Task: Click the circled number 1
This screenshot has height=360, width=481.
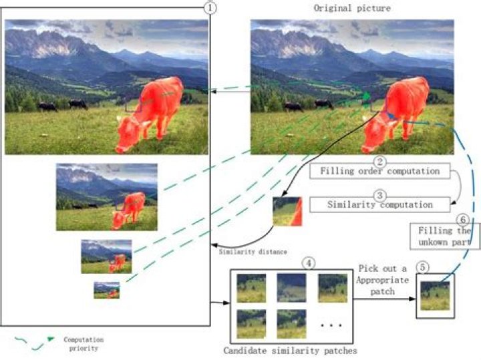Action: tap(210, 7)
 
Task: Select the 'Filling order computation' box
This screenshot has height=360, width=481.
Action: tap(379, 171)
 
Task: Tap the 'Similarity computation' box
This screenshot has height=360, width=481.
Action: tap(379, 204)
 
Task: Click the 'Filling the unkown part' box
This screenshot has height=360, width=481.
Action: tap(445, 236)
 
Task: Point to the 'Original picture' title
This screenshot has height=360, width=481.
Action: tap(352, 8)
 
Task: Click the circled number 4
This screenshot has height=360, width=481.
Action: tap(309, 263)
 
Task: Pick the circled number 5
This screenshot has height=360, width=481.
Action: tap(423, 267)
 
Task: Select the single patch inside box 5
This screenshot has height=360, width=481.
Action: tap(435, 296)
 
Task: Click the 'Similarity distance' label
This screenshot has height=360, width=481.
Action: tap(253, 252)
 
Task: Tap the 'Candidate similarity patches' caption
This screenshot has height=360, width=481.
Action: tap(290, 351)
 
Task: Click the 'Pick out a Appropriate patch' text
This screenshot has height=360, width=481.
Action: tap(383, 280)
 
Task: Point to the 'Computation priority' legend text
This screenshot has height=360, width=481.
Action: tap(84, 344)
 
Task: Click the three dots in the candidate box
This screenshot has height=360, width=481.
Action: tap(331, 325)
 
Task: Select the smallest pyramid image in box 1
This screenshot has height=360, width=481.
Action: tap(106, 290)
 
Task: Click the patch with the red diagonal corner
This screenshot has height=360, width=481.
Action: tap(287, 212)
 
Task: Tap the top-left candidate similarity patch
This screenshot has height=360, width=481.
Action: tap(251, 289)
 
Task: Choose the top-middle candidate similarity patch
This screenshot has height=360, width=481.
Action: tap(291, 289)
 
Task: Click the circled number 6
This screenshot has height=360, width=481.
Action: tap(463, 220)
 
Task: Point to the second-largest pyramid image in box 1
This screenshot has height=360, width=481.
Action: tap(107, 197)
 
